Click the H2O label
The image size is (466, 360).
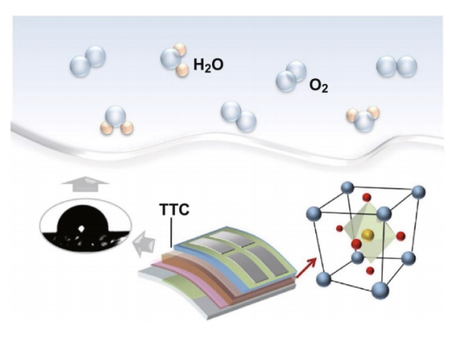coord(209,65)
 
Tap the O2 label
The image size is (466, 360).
coord(319,86)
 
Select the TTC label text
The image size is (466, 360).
coord(174,209)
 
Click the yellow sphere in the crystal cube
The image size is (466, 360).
coord(368,235)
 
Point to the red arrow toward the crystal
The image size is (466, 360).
coord(305,267)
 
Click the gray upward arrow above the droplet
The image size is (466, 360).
coord(86,183)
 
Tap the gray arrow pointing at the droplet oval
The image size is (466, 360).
coord(144,243)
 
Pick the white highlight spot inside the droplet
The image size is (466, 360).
coord(82,228)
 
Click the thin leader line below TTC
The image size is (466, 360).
coord(172,232)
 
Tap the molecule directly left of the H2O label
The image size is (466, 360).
coord(175,60)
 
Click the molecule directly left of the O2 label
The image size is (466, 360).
coord(291,76)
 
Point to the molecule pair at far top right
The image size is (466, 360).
coord(396,66)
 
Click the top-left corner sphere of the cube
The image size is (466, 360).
coord(347,188)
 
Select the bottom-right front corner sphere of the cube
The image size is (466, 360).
coord(380,290)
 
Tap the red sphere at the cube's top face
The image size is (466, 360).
coord(367,197)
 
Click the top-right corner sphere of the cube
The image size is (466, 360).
coord(418,192)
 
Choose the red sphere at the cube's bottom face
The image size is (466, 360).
coord(370,271)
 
